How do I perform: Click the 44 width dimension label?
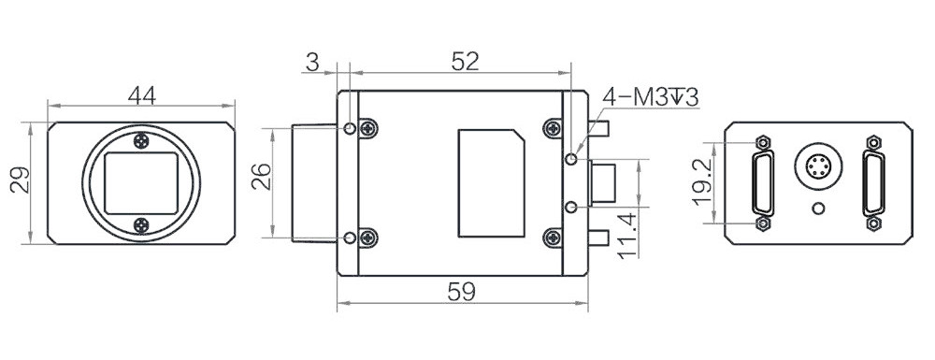point(142,95)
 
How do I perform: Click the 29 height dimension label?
point(21,180)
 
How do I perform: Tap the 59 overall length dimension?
point(462,292)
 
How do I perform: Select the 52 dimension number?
point(465,62)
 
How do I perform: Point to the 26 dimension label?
point(261,177)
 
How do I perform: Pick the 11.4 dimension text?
point(628,237)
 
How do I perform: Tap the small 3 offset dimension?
point(312,62)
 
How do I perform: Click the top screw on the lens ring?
point(141,141)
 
